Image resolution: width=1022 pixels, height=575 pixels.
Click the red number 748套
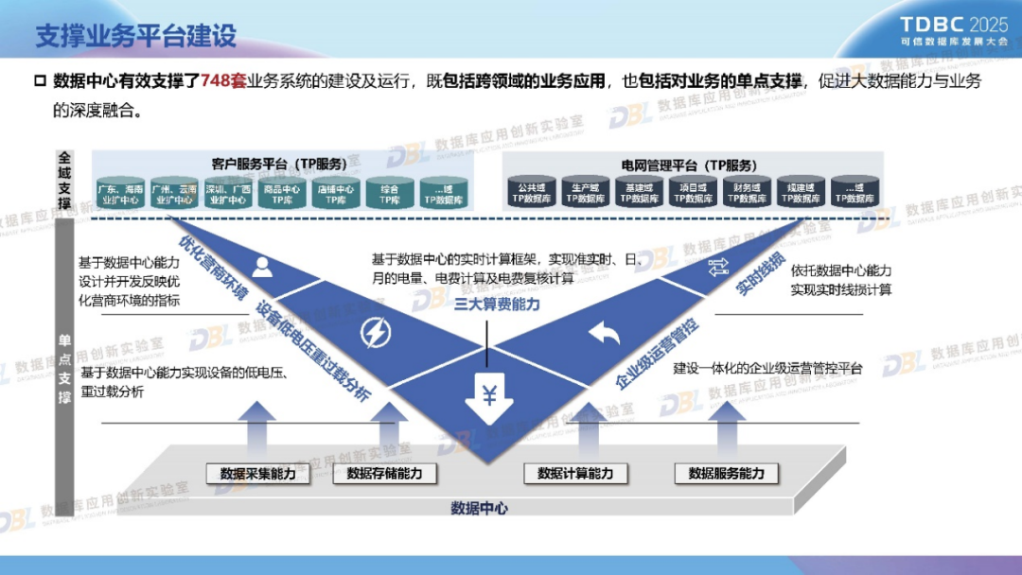tap(223, 81)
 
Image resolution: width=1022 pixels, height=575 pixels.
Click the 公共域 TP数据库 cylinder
tap(532, 193)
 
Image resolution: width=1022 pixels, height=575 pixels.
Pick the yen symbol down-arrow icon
tap(488, 398)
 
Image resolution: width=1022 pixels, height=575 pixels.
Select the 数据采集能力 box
tap(257, 474)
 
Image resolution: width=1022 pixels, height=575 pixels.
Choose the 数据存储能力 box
tap(384, 474)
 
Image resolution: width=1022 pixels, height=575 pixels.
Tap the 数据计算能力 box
tap(575, 474)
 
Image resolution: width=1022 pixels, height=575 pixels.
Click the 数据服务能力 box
tap(726, 474)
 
